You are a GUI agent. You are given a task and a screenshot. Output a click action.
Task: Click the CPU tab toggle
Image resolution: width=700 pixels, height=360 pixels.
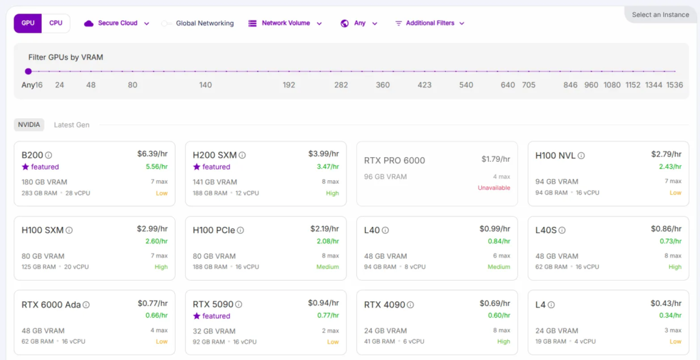tap(56, 23)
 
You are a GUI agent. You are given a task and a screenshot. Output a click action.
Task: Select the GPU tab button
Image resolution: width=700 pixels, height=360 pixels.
tap(28, 23)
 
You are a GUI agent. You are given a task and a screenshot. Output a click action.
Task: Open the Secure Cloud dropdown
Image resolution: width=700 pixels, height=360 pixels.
tap(116, 23)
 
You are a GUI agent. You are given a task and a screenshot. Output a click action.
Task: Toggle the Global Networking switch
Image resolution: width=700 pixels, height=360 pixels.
tap(167, 23)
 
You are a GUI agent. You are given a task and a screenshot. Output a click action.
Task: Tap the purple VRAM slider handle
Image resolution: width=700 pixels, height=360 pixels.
tap(28, 71)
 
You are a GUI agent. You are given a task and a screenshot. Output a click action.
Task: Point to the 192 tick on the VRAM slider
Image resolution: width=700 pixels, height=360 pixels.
tap(289, 85)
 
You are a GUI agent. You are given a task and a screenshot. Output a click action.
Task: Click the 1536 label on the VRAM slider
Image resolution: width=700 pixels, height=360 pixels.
tap(675, 85)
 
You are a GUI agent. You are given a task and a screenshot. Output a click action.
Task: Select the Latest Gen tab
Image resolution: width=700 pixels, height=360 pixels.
tap(72, 125)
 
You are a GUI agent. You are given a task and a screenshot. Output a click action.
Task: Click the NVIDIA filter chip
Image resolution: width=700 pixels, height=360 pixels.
tap(29, 125)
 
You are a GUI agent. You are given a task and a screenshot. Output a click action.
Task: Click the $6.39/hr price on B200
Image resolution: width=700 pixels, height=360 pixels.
tap(152, 154)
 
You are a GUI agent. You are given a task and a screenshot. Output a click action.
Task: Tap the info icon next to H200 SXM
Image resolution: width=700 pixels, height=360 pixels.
tap(243, 156)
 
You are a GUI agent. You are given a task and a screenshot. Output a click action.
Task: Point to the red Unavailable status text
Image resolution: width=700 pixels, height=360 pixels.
tap(494, 188)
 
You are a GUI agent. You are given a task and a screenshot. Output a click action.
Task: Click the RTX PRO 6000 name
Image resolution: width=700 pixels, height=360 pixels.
tap(394, 161)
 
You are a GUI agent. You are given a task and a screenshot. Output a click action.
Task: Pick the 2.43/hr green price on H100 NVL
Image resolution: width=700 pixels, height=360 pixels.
tap(667, 167)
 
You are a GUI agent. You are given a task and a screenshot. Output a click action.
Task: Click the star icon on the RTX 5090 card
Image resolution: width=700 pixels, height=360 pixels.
tap(197, 316)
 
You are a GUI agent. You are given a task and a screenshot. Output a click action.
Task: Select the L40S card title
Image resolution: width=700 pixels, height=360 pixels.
tap(546, 230)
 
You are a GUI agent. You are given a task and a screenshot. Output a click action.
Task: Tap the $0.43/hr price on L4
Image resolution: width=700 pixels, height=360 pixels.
tap(667, 303)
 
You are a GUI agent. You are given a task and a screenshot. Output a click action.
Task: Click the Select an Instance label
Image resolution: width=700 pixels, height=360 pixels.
tap(660, 15)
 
